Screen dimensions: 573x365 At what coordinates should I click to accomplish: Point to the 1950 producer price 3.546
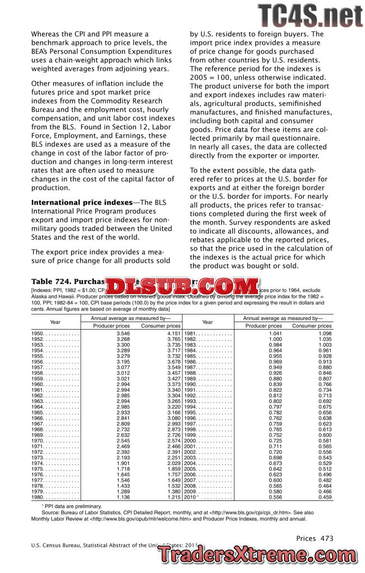[123, 334]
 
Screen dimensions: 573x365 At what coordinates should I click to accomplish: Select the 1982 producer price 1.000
[275, 339]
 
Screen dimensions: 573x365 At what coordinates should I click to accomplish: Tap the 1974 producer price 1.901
[123, 463]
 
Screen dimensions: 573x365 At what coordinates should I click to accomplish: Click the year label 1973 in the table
[38, 458]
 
